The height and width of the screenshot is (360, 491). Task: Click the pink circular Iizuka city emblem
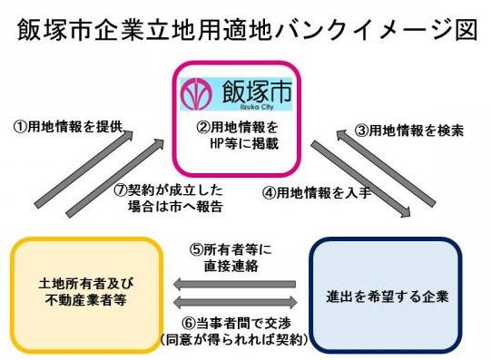click(x=197, y=92)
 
